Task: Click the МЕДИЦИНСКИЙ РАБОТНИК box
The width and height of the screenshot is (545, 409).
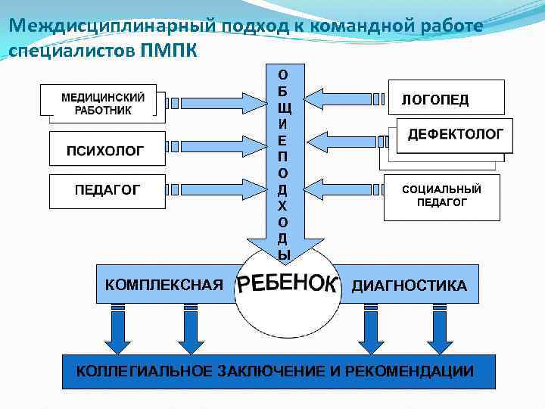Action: tap(102, 103)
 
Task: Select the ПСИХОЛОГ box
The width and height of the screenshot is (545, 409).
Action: tap(106, 149)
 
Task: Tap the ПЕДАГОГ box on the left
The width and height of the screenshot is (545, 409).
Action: tap(106, 190)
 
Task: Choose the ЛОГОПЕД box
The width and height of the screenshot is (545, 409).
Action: tap(444, 99)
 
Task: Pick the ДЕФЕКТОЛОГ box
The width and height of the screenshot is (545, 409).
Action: tap(455, 135)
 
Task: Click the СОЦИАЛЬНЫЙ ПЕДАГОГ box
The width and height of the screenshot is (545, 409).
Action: tap(441, 196)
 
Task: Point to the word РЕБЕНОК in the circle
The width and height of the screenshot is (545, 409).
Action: tap(287, 284)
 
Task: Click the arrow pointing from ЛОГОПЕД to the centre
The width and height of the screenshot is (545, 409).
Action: tap(345, 99)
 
